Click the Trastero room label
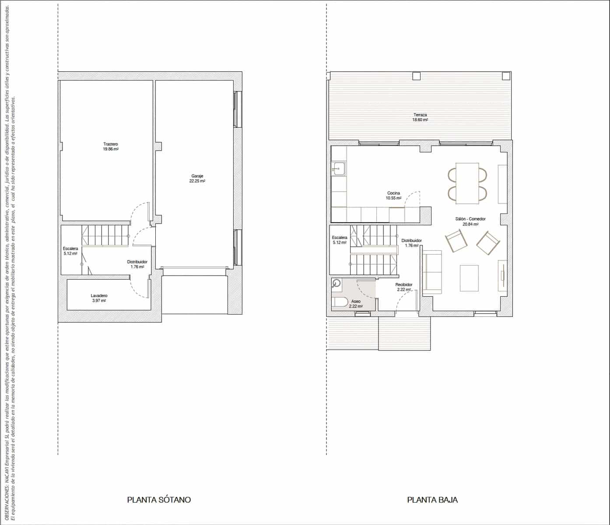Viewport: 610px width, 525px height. click(111, 144)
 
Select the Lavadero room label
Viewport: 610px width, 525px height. click(99, 296)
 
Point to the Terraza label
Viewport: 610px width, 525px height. click(420, 115)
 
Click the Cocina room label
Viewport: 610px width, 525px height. click(393, 193)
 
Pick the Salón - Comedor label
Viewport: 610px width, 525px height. click(470, 219)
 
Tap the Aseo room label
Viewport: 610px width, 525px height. click(356, 301)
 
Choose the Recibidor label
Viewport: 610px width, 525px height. click(404, 284)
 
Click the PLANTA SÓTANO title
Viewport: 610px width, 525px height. click(159, 500)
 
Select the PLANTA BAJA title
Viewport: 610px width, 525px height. click(432, 500)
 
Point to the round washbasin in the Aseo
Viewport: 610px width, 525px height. click(337, 283)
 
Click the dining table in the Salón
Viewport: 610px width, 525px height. click(467, 183)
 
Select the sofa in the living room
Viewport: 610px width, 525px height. click(431, 272)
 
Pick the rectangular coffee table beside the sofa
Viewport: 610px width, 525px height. click(470, 278)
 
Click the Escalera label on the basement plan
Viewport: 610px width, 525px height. click(70, 248)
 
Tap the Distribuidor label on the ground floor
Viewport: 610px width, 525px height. click(412, 241)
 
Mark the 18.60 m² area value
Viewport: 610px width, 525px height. click(420, 120)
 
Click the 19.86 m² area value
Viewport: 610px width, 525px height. click(111, 149)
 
